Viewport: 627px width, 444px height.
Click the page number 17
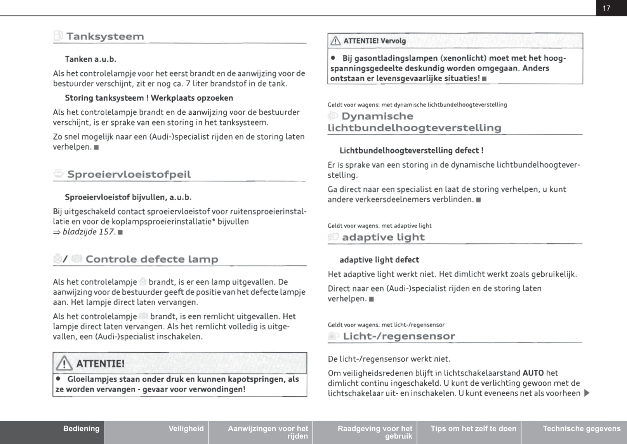pyautogui.click(x=606, y=8)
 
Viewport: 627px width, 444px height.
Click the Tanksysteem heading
pyautogui.click(x=105, y=37)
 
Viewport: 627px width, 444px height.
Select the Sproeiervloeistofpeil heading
pyautogui.click(x=129, y=174)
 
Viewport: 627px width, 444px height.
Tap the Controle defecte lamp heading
pyautogui.click(x=152, y=259)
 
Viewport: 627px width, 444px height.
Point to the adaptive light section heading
pyautogui.click(x=383, y=237)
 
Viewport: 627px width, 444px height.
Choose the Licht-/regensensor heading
pyautogui.click(x=399, y=336)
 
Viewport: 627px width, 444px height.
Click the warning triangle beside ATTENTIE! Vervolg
pyautogui.click(x=335, y=41)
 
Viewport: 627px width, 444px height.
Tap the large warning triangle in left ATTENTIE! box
pyautogui.click(x=64, y=364)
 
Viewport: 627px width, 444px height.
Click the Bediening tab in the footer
pyautogui.click(x=81, y=428)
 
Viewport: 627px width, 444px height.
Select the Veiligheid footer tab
pyautogui.click(x=186, y=428)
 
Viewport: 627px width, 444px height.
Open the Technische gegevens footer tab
pyautogui.click(x=582, y=428)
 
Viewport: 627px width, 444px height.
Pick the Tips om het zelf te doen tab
pyautogui.click(x=473, y=428)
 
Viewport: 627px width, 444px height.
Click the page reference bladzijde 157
pyautogui.click(x=89, y=232)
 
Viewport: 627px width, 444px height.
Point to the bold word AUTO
pyautogui.click(x=533, y=373)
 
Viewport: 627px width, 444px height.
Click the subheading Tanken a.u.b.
pyautogui.click(x=90, y=59)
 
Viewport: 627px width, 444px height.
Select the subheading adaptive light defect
pyautogui.click(x=379, y=260)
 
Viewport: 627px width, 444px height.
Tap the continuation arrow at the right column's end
pyautogui.click(x=587, y=393)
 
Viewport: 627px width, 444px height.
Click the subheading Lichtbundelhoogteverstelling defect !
pyautogui.click(x=411, y=150)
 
